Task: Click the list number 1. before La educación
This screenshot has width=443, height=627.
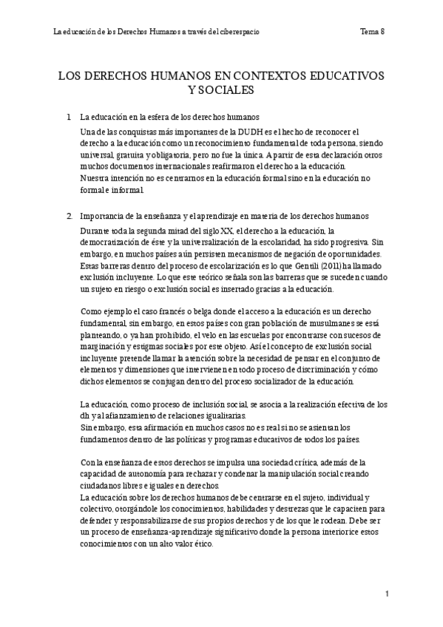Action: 69,118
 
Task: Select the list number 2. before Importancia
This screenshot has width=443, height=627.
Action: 69,216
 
